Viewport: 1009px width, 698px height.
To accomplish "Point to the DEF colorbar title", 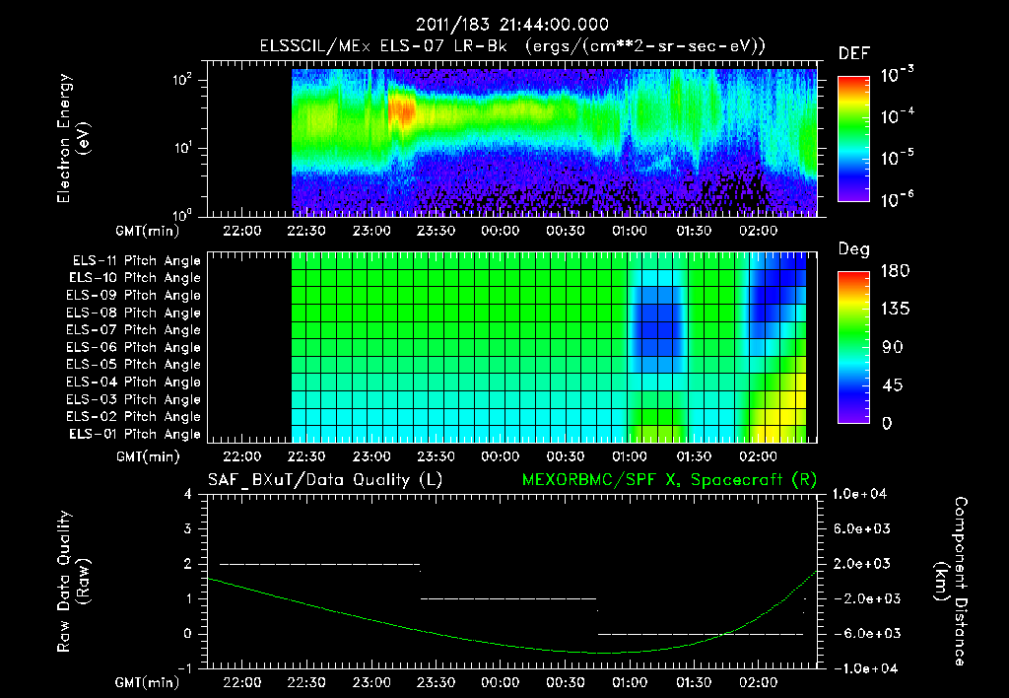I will (x=853, y=53).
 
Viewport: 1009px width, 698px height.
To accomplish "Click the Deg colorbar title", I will (x=853, y=249).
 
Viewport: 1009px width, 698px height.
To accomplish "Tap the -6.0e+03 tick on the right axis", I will (x=862, y=633).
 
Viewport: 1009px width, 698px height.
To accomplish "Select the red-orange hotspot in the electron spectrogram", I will (x=401, y=108).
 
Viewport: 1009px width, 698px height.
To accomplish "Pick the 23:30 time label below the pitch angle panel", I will (x=436, y=457).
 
